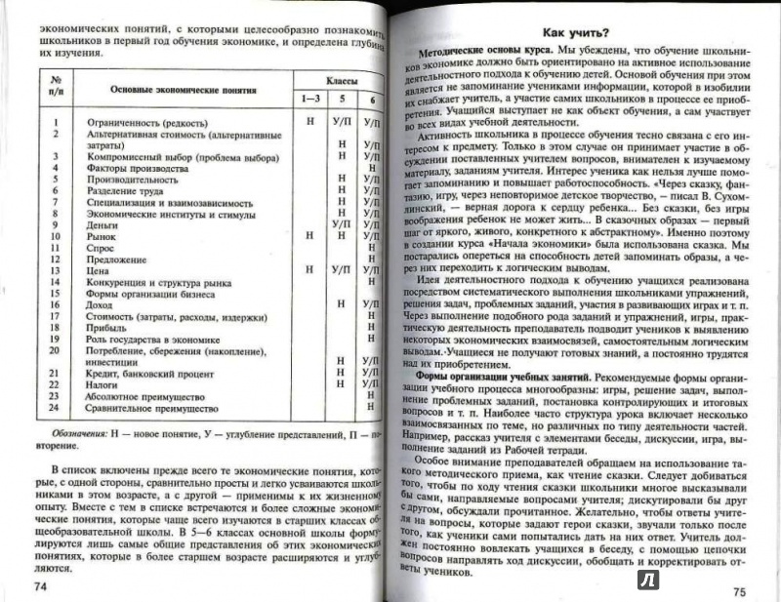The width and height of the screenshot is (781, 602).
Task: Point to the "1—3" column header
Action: [308, 99]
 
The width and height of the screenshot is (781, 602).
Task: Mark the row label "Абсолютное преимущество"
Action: [144, 397]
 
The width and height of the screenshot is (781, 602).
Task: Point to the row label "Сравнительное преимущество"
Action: [149, 410]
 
